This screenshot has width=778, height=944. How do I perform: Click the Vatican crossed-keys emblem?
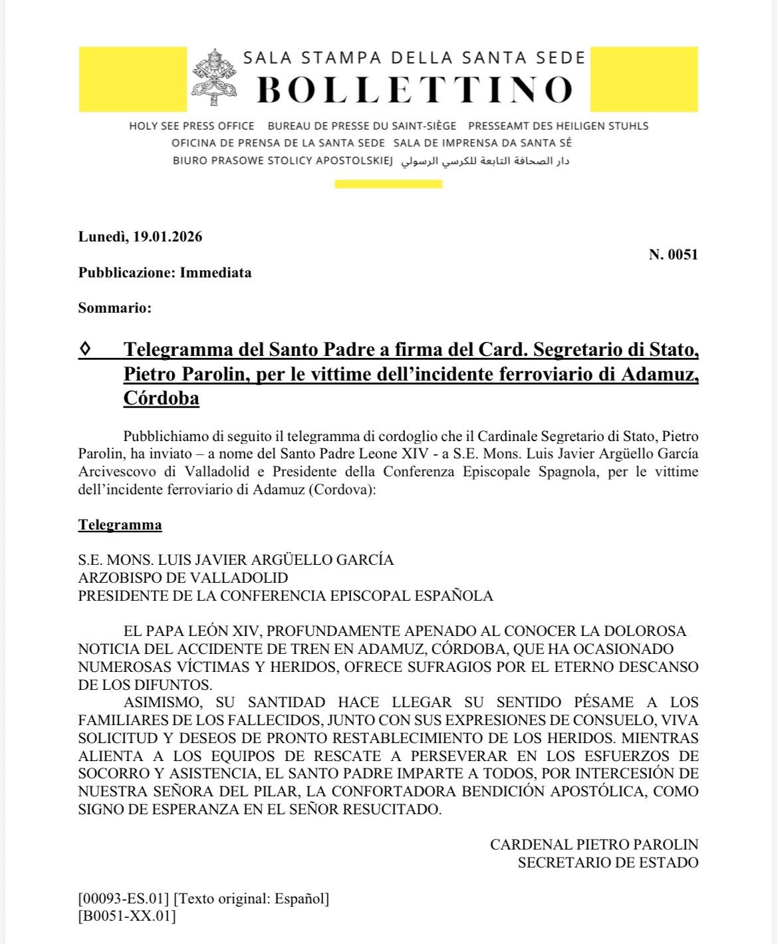click(214, 77)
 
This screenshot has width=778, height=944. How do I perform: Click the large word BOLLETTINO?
click(414, 90)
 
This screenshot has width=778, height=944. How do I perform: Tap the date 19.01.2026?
click(167, 237)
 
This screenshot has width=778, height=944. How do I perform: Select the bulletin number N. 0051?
click(673, 254)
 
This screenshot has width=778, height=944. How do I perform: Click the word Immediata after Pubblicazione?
click(215, 273)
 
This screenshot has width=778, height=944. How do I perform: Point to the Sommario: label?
click(114, 308)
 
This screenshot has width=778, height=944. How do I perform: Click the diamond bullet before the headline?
click(85, 349)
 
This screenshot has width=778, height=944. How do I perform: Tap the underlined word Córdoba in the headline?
click(161, 398)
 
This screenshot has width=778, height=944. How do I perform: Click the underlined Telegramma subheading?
click(120, 525)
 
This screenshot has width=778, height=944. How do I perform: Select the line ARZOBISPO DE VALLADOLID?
click(183, 577)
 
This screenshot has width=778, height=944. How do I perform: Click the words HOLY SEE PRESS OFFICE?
click(192, 126)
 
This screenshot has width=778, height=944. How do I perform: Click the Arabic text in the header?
click(485, 161)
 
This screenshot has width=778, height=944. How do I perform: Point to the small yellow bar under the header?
click(388, 184)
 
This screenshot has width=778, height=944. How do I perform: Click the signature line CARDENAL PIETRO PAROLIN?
click(594, 845)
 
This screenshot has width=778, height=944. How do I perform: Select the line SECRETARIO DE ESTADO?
click(608, 863)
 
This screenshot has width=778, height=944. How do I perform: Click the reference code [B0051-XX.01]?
click(127, 916)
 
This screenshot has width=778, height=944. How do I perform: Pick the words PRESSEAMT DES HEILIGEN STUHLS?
click(558, 126)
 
